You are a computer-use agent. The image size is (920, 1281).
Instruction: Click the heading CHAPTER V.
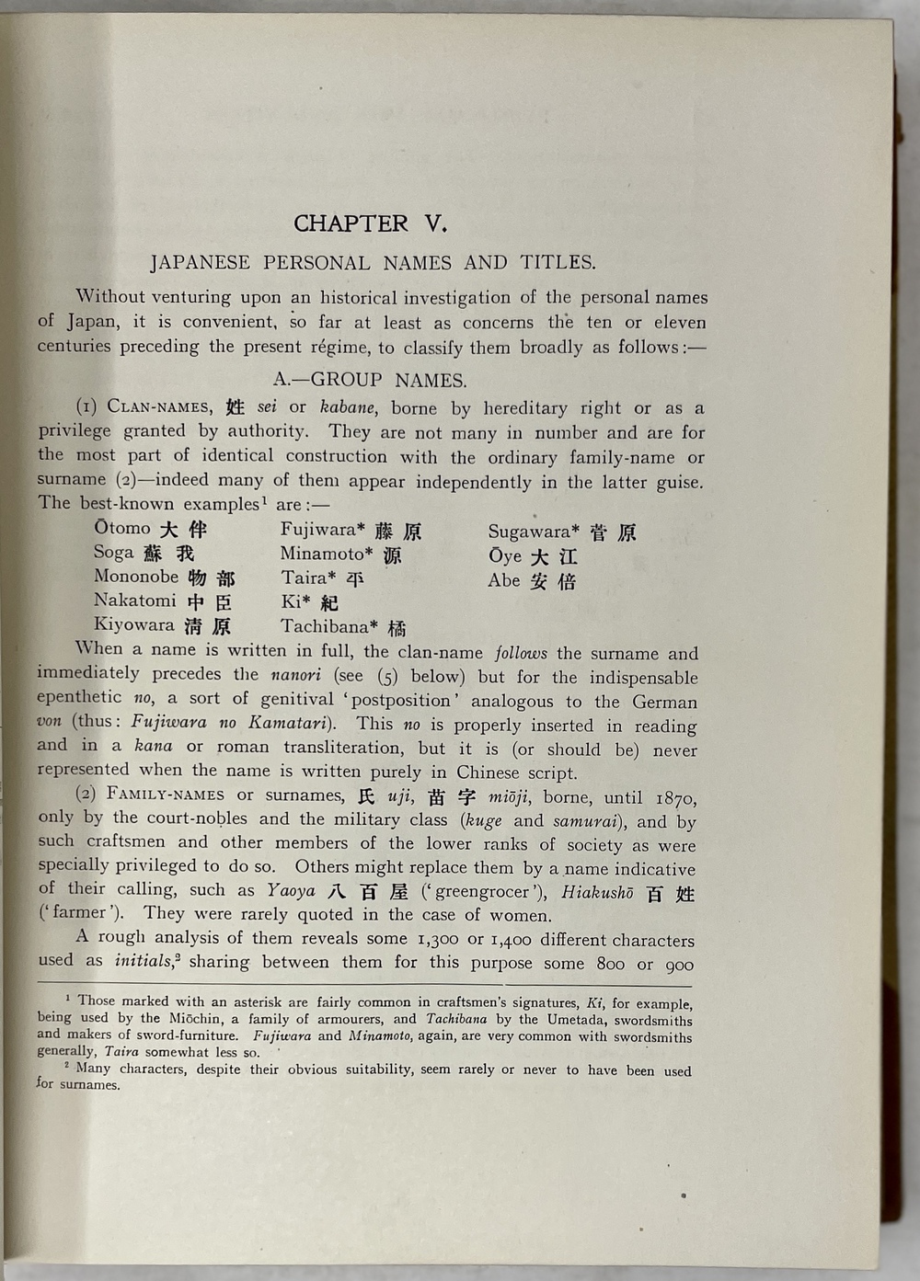tap(370, 223)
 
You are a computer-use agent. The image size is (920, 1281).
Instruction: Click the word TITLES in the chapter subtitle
tap(558, 263)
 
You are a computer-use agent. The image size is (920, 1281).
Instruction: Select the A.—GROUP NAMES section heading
tap(370, 380)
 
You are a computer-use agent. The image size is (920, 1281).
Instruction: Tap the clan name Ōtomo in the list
tap(122, 528)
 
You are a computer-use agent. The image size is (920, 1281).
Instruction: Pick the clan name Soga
tap(115, 552)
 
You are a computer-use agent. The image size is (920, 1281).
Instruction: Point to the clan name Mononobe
tap(136, 577)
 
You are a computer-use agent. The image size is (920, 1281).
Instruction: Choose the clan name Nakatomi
tap(134, 600)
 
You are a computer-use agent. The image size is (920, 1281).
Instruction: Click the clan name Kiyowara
tap(133, 625)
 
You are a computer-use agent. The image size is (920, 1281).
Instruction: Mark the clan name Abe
tap(503, 580)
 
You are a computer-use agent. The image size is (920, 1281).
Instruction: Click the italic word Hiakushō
tap(597, 892)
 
